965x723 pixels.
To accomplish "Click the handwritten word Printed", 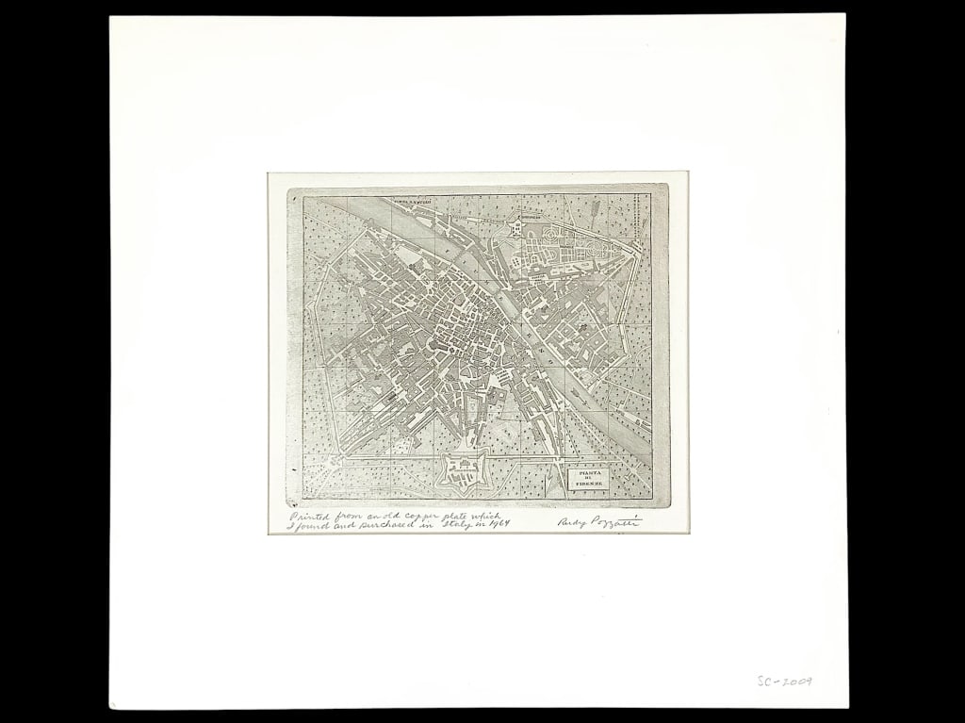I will coord(305,517).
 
